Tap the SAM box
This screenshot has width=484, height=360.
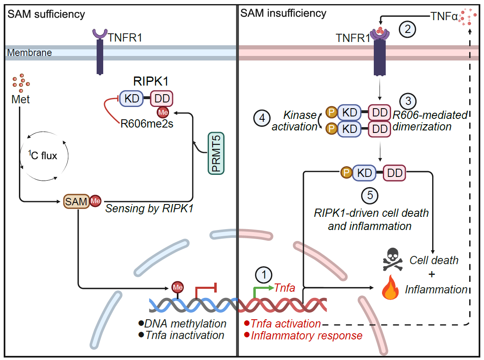click(76, 201)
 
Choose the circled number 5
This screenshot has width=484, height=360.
click(370, 196)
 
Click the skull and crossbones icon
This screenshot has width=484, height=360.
click(393, 260)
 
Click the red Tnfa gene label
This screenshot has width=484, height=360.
click(285, 288)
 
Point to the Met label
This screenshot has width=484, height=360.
click(21, 100)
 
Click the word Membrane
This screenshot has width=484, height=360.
click(30, 53)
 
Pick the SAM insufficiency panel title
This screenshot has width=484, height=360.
click(283, 13)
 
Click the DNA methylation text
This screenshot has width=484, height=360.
click(185, 323)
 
